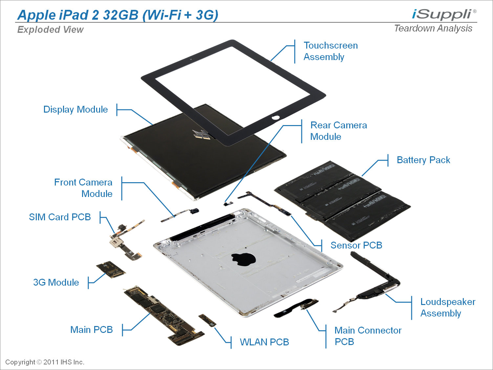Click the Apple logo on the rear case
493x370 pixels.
click(x=243, y=259)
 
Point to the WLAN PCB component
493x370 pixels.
click(x=207, y=320)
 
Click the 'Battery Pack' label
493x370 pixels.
click(x=423, y=160)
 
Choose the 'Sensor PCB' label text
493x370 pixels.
click(x=356, y=245)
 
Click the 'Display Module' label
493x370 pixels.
click(x=75, y=110)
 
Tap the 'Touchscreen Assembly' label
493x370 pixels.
click(x=330, y=51)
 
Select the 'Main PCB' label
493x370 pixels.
click(x=91, y=330)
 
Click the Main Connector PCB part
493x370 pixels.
click(x=297, y=308)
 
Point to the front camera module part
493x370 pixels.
click(x=181, y=214)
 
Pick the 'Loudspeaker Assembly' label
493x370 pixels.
click(x=447, y=308)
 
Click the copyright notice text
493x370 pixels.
click(x=45, y=362)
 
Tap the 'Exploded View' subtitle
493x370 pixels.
click(x=50, y=30)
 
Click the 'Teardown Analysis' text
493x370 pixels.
click(x=433, y=29)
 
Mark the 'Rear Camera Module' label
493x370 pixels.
click(x=338, y=131)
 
